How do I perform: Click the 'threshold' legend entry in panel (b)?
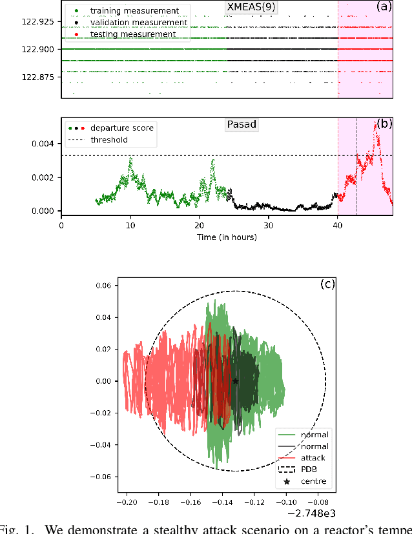click(x=108, y=139)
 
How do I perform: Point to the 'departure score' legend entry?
click(x=121, y=128)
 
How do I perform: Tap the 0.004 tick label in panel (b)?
click(x=45, y=144)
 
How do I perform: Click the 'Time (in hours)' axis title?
click(x=227, y=237)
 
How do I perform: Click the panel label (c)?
click(x=327, y=284)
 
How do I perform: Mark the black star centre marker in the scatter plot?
click(x=235, y=381)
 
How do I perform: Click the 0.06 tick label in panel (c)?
click(x=83, y=286)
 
